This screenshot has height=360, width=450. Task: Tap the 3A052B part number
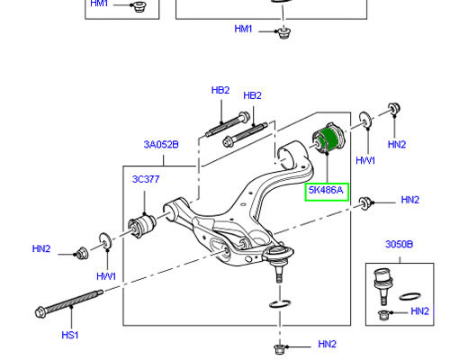160,144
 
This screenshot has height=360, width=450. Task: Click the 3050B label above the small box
399,245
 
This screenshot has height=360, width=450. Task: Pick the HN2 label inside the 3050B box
419,311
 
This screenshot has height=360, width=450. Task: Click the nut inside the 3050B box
384,314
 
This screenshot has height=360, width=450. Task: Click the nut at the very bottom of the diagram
281,346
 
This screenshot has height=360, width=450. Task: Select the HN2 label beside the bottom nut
327,345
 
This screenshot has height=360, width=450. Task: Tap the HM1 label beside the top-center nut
243,29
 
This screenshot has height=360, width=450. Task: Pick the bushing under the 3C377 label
144,221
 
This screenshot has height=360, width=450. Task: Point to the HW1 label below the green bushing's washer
364,160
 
